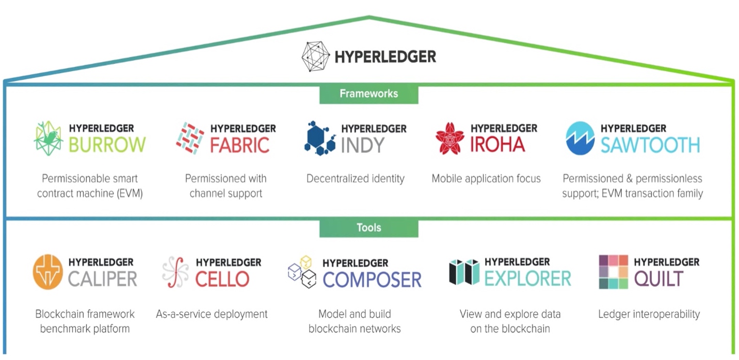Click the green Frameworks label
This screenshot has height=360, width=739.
point(368,94)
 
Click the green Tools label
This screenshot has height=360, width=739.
point(368,227)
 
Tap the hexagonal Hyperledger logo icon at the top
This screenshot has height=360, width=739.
point(315,56)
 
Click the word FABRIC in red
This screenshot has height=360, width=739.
point(239,145)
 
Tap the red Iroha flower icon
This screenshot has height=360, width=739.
point(449,138)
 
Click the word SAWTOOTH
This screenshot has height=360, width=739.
point(650,145)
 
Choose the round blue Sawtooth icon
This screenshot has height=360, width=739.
point(580,138)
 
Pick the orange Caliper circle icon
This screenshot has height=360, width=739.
point(47,272)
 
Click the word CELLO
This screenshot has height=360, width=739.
point(222,280)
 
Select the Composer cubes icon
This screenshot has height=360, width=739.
point(302,271)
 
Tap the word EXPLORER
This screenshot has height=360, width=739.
point(527,279)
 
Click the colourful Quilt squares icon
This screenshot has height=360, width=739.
point(613,271)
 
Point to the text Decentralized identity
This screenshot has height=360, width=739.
point(356,179)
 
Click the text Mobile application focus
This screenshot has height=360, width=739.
point(486,179)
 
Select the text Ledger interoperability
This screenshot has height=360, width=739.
point(649,314)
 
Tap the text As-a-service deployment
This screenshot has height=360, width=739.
point(212,314)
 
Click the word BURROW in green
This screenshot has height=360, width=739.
point(107,145)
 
